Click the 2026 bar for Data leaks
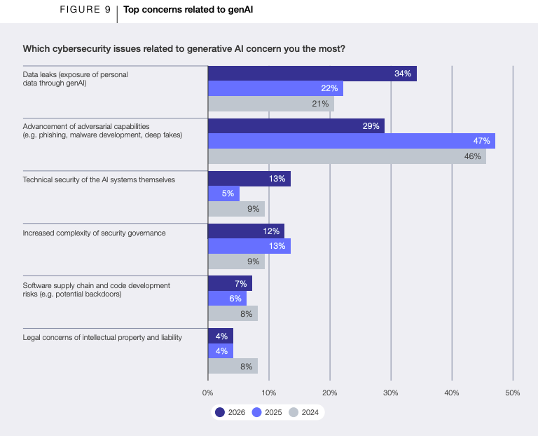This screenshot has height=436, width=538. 312,74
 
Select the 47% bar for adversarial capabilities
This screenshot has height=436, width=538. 351,141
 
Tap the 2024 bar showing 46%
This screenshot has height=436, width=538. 347,156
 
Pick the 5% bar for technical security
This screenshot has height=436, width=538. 223,193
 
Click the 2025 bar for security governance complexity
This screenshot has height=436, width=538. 249,246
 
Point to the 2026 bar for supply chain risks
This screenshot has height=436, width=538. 230,283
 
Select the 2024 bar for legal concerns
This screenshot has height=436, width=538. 233,366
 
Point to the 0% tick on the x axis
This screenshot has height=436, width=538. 207,393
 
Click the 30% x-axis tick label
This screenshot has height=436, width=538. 390,393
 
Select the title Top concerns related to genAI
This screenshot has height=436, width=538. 179,10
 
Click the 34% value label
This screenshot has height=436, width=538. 402,74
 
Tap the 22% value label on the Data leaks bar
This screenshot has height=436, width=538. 329,89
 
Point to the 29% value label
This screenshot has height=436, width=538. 371,126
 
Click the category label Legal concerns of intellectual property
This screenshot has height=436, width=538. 102,337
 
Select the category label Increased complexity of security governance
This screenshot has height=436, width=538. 94,233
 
